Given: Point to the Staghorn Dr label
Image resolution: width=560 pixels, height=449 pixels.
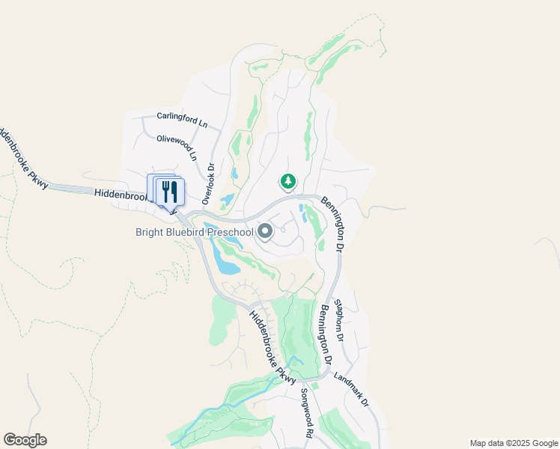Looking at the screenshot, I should [338, 320].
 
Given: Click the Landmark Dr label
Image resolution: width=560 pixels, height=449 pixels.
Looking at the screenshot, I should [352, 390].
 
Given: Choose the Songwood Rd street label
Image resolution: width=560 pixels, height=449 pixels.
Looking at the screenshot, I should [306, 413].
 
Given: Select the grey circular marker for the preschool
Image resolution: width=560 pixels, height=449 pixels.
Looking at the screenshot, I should [265, 232].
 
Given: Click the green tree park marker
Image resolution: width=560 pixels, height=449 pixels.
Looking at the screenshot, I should [287, 181].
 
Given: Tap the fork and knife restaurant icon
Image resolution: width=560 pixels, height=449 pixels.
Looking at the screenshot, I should [170, 192].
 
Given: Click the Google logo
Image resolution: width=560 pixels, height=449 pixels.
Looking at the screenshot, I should [25, 440].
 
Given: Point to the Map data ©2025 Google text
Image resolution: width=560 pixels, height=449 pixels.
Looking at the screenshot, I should [514, 443].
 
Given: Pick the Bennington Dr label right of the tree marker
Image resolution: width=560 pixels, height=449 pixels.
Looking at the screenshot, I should [332, 223].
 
